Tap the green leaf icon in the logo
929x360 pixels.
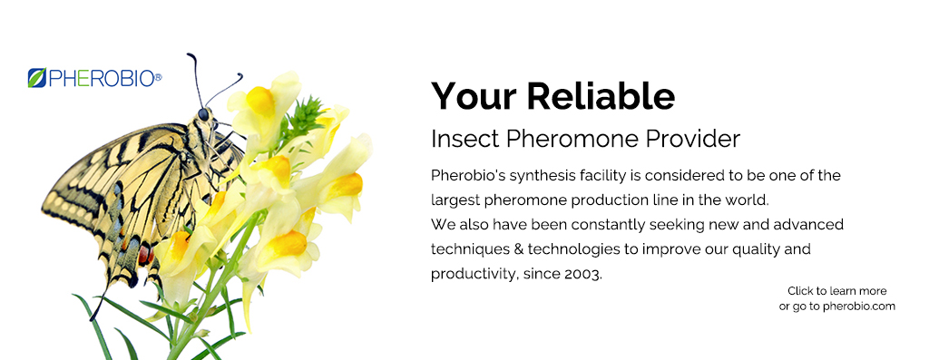pos(36,78)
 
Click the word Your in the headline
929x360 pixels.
pos(471,95)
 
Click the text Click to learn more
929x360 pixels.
pos(836,291)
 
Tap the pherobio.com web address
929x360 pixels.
pos(859,306)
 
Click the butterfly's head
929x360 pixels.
pos(203,115)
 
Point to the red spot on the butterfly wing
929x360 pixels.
pos(144,257)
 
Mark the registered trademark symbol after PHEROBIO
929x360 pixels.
pos(158,77)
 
